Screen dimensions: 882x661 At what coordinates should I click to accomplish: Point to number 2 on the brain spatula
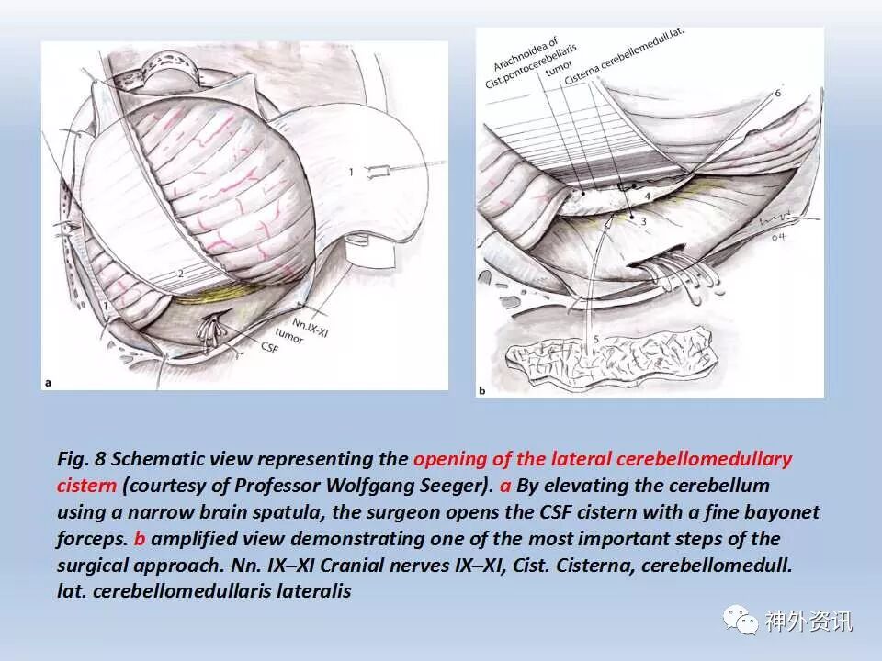coord(181,273)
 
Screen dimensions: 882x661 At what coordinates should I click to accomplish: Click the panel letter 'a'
coord(48,381)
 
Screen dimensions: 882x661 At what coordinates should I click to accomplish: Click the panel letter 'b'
coord(482,388)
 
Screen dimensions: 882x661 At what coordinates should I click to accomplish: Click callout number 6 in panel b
coord(778,94)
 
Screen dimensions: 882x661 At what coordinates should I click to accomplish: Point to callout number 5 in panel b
coord(596,341)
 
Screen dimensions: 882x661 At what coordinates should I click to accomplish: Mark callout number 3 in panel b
coord(643,221)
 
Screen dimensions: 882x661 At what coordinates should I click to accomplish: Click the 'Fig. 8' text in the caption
coord(80,458)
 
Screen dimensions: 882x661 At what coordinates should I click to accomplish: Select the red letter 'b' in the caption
coord(141,538)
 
